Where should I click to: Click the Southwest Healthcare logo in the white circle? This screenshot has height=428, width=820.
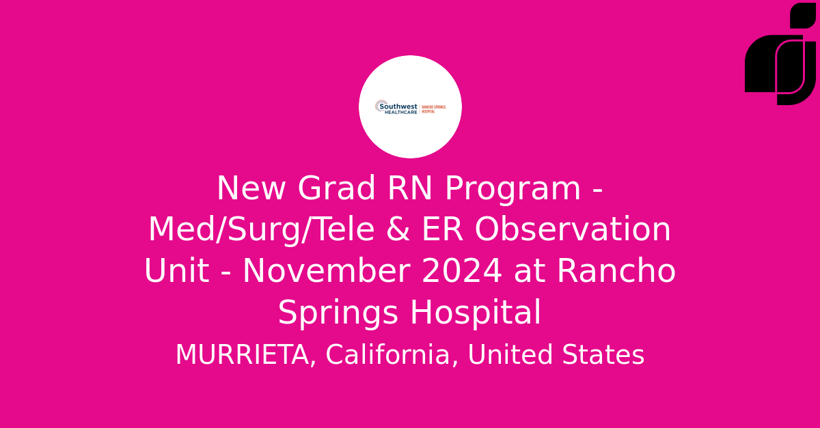[410, 106]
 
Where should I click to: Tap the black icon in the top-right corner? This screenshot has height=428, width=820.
[780, 55]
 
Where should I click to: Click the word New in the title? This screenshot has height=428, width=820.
[250, 189]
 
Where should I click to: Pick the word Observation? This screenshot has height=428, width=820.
[573, 230]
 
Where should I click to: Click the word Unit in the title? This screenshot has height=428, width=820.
[176, 272]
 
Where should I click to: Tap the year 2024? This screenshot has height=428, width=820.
[462, 272]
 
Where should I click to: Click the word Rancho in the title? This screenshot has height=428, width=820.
[616, 272]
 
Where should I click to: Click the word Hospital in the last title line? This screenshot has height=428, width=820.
[476, 313]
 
